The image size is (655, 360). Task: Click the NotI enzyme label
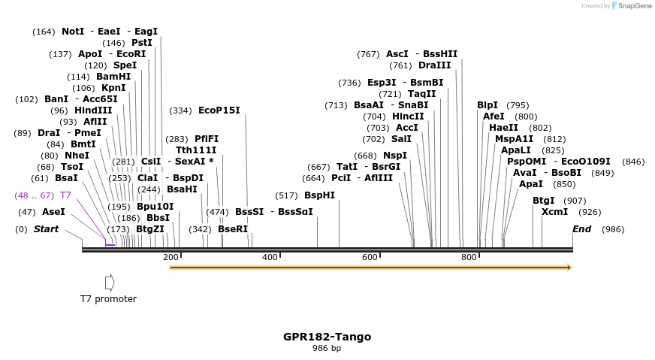pos(73,32)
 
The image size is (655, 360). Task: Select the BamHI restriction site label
pos(113,77)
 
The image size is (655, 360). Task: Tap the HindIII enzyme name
pos(93,110)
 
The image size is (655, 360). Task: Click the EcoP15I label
pos(219,110)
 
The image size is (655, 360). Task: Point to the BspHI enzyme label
pos(319,195)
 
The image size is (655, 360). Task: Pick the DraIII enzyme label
pos(435,65)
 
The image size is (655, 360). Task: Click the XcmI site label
pos(555,212)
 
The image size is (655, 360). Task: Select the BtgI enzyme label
pos(544,201)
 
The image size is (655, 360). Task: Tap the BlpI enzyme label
pos(487,105)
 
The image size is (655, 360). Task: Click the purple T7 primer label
pos(65,195)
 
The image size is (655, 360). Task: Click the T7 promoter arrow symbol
pos(110,283)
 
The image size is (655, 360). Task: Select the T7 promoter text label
pos(109,299)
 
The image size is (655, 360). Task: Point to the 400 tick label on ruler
pos(270,258)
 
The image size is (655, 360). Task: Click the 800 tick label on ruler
pos(469,258)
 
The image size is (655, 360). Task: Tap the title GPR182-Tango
pos(327,337)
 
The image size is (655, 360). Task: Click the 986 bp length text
pos(327,349)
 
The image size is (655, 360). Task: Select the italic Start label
pos(46,229)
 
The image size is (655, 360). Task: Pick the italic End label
pos(581,229)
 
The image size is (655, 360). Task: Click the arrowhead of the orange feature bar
pos(569,268)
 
